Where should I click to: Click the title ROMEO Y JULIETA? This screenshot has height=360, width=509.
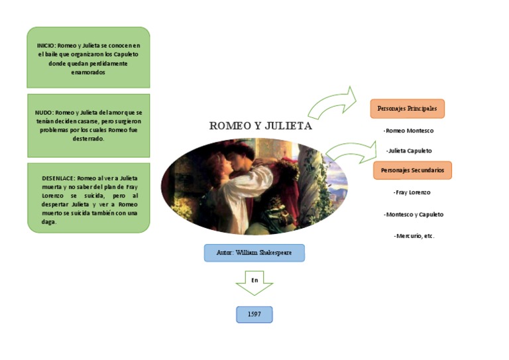(x=260, y=126)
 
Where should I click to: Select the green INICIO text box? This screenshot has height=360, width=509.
(x=88, y=58)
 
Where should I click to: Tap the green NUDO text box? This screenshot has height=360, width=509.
(x=88, y=125)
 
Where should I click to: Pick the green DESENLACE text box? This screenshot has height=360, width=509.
(x=88, y=198)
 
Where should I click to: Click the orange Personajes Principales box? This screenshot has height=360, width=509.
(x=407, y=108)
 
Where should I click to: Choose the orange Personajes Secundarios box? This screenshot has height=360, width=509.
(x=412, y=170)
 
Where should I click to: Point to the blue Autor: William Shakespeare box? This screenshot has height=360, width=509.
(x=254, y=253)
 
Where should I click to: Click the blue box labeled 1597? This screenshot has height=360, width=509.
(x=254, y=314)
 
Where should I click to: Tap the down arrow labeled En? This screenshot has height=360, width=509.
(x=254, y=282)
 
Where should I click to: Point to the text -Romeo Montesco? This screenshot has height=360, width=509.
(x=408, y=131)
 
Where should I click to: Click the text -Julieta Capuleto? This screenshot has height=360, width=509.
(x=409, y=150)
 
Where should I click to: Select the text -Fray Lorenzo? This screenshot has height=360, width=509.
(x=412, y=192)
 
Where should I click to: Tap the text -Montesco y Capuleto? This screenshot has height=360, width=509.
(x=414, y=214)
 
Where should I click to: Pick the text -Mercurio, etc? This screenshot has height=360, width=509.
(x=414, y=236)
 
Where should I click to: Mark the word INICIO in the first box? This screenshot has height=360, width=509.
(x=46, y=46)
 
